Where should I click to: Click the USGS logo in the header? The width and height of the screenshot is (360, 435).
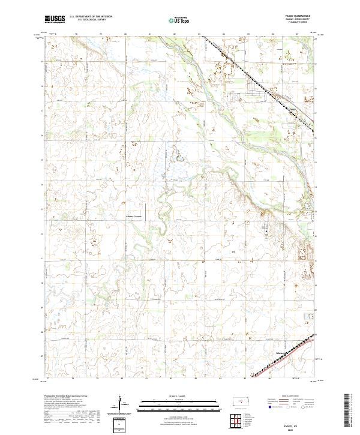pos(55,19)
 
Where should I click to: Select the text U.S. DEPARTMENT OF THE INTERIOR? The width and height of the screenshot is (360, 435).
pos(91,17)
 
